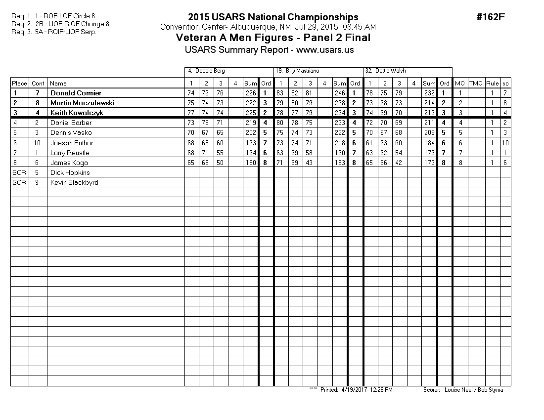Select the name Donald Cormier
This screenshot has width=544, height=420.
pos(76,93)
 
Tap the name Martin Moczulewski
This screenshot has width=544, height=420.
pos(82,103)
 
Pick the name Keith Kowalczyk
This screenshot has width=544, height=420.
pos(77,113)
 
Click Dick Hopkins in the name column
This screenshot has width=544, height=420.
pos(69,172)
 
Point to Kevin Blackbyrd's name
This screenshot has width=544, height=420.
pos(74,182)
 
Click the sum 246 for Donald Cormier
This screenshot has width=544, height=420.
pos(340,93)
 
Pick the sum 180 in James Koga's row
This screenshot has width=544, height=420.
pos(251,163)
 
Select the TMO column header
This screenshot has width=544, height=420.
pos(476,84)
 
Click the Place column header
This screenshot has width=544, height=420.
pos(20,84)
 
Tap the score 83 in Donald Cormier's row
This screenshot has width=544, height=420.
pos(280,93)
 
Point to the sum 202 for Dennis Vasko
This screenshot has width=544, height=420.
pos(251,132)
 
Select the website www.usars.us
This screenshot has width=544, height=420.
pos(325,50)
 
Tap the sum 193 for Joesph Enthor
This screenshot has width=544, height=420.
pos(251,143)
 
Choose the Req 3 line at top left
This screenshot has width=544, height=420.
pos(53,32)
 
